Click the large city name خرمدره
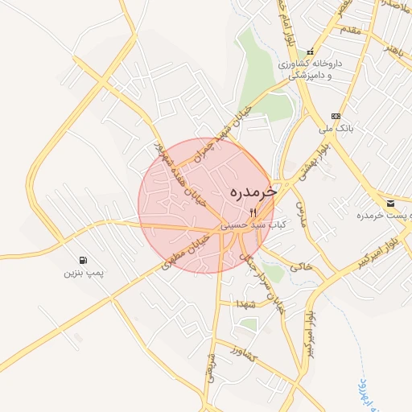253,193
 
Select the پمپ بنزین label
84,274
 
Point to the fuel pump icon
84,260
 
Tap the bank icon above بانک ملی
336,116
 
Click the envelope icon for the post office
390,203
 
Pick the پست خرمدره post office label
381,216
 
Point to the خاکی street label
300,265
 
